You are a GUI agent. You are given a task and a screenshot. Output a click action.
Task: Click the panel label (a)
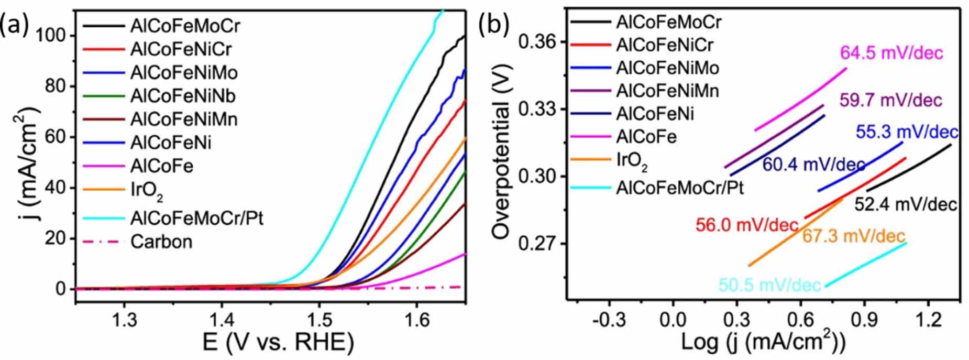[x=14, y=25]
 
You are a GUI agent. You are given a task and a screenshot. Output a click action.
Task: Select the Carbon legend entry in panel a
[x=161, y=242]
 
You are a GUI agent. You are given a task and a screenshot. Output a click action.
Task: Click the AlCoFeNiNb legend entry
[x=183, y=96]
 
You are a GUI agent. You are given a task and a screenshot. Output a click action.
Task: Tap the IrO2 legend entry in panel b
[x=632, y=160]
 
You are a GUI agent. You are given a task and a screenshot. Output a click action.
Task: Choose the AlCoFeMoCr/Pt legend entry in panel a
[x=196, y=217]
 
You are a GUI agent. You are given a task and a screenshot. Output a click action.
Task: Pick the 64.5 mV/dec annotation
[x=891, y=53]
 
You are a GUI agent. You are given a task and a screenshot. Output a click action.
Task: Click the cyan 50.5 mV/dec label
[x=769, y=285]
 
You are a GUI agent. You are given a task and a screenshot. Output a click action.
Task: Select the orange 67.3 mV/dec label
[x=854, y=236]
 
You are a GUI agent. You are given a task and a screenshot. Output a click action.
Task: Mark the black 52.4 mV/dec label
[x=906, y=204]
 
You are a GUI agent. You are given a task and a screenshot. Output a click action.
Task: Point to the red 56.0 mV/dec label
[x=747, y=225]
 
